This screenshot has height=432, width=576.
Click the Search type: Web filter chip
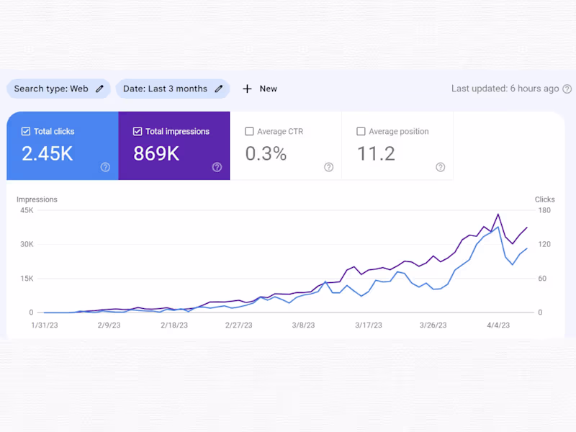tap(51, 89)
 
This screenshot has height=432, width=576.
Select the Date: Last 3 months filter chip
tap(165, 89)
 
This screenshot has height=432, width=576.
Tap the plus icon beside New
tap(247, 89)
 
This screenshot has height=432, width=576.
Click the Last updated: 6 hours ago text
tap(505, 89)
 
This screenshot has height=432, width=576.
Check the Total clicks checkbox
tap(26, 132)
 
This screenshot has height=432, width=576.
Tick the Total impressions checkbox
tap(138, 132)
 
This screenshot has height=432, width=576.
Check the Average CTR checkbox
tap(249, 132)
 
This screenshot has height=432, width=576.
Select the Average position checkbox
tap(361, 132)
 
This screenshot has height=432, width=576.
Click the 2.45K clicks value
tap(47, 153)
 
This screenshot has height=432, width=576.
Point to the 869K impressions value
tap(156, 153)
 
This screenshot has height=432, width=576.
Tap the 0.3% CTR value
tap(266, 153)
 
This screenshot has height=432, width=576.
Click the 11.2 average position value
tap(376, 153)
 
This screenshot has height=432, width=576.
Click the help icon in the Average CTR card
tap(329, 167)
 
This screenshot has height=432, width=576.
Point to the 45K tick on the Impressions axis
tap(27, 210)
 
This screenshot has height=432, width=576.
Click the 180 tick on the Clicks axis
tap(544, 210)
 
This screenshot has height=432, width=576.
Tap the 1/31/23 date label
tap(45, 325)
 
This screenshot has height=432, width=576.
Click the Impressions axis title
tap(37, 199)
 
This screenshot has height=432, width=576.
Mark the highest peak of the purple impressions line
tap(498, 214)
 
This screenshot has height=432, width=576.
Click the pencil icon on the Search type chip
tap(100, 89)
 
